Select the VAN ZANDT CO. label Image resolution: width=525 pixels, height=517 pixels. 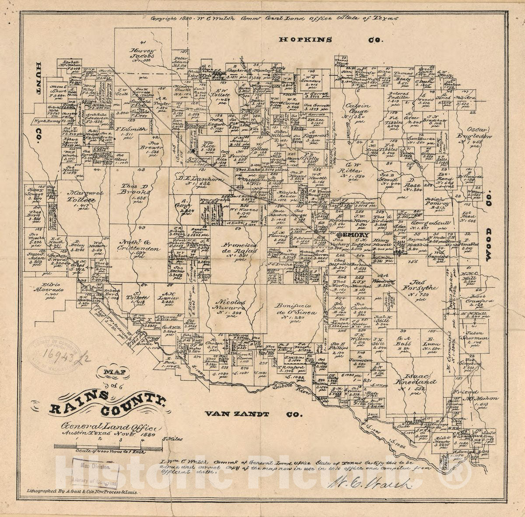pyautogui.click(x=253, y=414)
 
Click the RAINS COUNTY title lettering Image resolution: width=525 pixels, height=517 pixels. pyautogui.click(x=107, y=404)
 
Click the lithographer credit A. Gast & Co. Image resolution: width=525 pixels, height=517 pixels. pyautogui.click(x=82, y=492)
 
